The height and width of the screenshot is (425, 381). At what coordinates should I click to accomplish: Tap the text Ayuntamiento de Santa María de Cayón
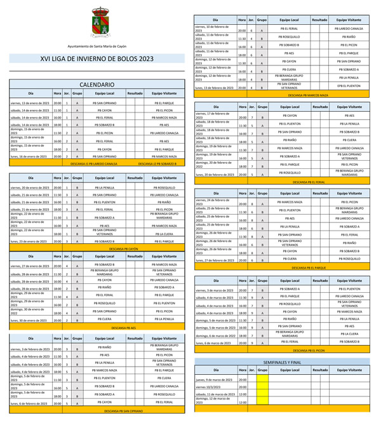click(97, 46)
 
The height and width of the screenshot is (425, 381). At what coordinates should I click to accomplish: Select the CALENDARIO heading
click(97, 84)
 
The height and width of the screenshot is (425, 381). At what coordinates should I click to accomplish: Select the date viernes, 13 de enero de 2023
click(30, 102)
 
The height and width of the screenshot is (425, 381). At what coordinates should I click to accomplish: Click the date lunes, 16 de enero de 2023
click(30, 156)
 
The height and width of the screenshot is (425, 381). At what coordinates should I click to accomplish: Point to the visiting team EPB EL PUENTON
click(349, 86)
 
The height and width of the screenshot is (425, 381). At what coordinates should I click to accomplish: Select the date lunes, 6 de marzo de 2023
click(214, 342)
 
